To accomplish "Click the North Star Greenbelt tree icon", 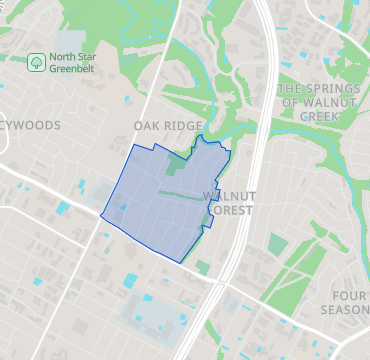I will [x=37, y=63].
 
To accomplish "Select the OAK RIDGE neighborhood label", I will [x=168, y=126].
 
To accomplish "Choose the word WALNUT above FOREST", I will [x=230, y=196].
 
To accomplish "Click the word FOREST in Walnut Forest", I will [x=230, y=210].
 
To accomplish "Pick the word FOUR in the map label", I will [x=350, y=296].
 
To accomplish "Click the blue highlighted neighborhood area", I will [x=150, y=210].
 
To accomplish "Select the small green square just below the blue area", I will [x=202, y=268].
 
